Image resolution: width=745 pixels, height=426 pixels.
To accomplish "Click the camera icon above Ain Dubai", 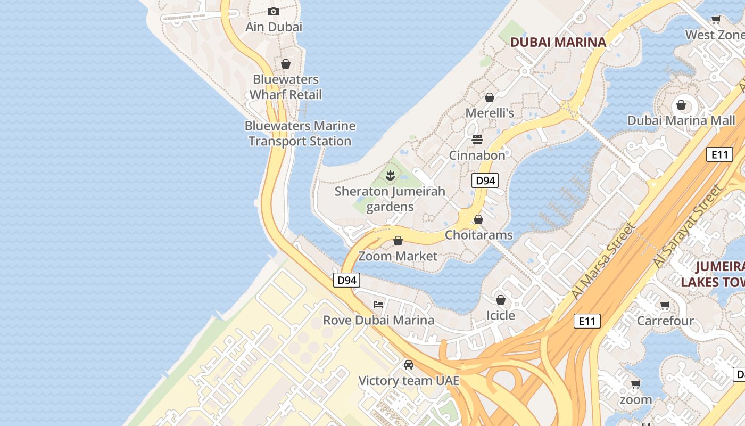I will [x=274, y=11].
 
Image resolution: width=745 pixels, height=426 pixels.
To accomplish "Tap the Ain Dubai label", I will [x=274, y=27].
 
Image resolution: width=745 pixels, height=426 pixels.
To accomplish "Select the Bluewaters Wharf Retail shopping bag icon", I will [x=286, y=64].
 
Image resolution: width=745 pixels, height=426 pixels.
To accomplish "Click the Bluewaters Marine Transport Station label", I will [x=300, y=134].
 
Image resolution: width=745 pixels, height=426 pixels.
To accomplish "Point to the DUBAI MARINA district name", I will [x=558, y=42].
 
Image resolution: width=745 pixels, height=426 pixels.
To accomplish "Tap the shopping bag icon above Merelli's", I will [x=490, y=97].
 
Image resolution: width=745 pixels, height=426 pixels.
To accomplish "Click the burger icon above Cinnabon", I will [x=477, y=140].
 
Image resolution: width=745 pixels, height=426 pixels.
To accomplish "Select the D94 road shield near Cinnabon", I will [x=485, y=181].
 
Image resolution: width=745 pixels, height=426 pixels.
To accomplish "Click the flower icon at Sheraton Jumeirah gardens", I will [x=390, y=175].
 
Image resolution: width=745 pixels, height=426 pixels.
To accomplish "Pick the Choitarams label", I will [x=479, y=235].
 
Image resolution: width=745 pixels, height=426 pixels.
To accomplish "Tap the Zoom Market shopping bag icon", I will [x=398, y=241].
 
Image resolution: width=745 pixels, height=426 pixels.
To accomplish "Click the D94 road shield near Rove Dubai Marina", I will [x=346, y=280].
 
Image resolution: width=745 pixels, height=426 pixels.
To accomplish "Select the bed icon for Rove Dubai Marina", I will [x=378, y=305].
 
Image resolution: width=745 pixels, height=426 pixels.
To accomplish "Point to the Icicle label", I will [x=501, y=315].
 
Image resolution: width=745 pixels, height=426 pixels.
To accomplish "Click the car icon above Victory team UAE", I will [x=408, y=365].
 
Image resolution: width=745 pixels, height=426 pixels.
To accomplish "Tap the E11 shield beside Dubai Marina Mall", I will [x=719, y=154].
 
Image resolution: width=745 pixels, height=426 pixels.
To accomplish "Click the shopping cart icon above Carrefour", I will [x=665, y=306].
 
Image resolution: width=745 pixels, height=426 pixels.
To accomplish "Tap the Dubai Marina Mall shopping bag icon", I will [x=681, y=105].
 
